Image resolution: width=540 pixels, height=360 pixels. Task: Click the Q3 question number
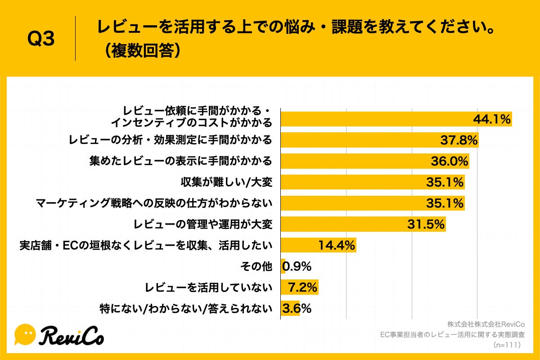point(41,40)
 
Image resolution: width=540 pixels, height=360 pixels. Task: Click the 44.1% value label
point(491,119)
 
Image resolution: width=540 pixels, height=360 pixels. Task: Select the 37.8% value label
point(458,140)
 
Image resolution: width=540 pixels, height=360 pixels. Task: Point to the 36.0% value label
point(449,161)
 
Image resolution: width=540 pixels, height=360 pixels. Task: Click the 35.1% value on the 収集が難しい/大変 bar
point(445,182)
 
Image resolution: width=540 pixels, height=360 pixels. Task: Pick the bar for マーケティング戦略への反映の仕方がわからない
point(373,203)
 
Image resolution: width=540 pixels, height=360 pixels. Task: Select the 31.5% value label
point(426,224)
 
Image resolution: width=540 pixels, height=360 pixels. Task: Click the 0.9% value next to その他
point(297,266)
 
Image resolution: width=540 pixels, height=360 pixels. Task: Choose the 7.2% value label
point(303,287)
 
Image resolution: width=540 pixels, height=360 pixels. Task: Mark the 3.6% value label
point(297,308)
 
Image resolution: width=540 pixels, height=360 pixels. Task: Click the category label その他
point(256,266)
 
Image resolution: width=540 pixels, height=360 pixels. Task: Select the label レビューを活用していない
point(208,287)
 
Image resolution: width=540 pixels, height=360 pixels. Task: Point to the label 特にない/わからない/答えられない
point(186,308)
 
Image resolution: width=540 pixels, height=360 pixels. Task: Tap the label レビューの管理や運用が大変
point(203,224)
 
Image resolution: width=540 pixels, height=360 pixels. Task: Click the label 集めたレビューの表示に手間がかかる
point(180,161)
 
